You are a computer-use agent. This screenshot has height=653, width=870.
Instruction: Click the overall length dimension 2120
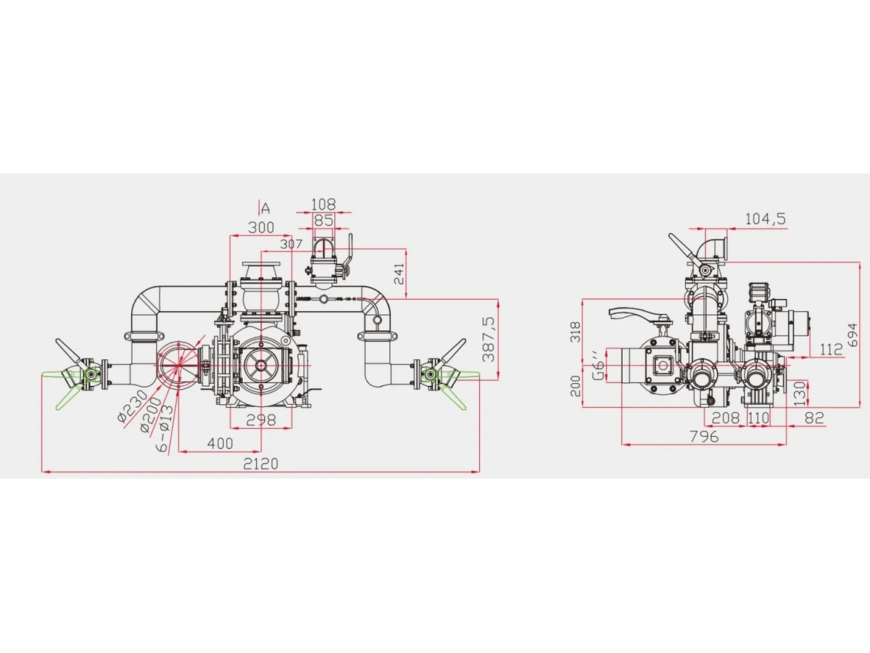point(260,464)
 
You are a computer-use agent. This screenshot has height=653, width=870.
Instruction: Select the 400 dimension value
point(220,443)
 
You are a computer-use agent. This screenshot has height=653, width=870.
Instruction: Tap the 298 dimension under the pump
point(261,420)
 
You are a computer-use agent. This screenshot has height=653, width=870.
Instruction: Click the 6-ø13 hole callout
point(165,428)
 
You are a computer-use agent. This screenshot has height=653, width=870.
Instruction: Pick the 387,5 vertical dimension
point(489,339)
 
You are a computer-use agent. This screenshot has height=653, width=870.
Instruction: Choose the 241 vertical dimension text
point(399,274)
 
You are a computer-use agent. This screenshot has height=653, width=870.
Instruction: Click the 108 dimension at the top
point(323,205)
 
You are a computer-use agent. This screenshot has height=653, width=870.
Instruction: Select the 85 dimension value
point(323,221)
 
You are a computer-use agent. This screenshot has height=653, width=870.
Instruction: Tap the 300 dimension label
point(261,228)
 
